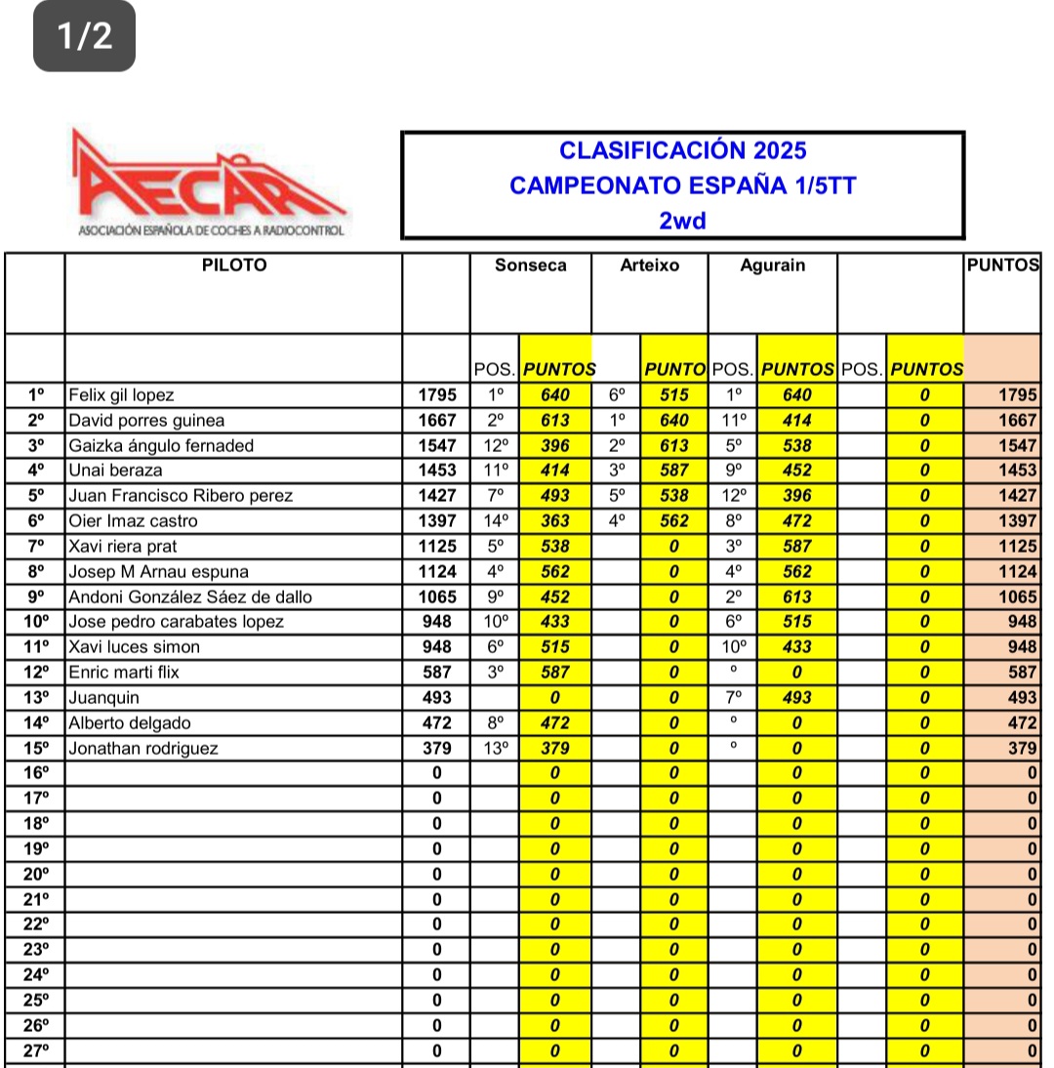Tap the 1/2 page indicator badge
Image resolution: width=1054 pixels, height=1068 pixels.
[x=84, y=36]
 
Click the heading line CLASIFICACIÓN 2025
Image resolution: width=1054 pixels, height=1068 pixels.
[x=682, y=150]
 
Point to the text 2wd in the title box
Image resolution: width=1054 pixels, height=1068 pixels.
[x=682, y=221]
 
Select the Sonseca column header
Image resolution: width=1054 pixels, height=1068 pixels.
[x=530, y=266]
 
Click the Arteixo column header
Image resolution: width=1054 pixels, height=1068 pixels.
[x=649, y=266]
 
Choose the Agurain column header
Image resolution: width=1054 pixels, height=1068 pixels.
[x=772, y=266]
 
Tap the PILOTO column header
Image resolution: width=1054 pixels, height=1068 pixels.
[x=233, y=266]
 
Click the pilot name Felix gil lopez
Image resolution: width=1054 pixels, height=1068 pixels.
[x=121, y=395]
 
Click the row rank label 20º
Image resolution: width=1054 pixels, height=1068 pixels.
[x=35, y=875]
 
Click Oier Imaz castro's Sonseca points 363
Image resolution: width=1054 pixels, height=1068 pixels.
[x=555, y=521]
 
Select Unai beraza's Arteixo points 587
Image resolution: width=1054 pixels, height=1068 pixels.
[x=673, y=471]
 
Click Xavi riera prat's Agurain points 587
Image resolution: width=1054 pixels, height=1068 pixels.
[x=796, y=547]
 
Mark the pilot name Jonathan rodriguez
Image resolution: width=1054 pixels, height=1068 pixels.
[x=142, y=749]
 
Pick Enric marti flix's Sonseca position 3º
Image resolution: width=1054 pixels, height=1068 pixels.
[x=495, y=673]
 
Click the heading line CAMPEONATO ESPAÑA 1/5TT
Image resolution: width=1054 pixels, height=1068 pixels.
[x=682, y=185]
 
